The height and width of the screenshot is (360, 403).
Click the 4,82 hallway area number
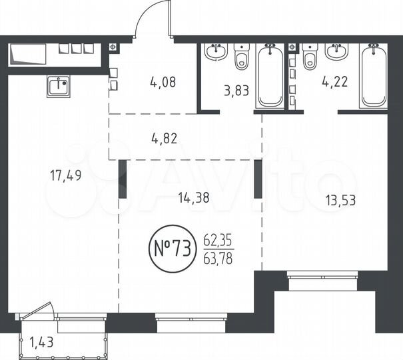click(x=165, y=139)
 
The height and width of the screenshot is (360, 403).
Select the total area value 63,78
click(x=218, y=258)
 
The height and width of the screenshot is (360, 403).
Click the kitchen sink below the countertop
click(x=59, y=85)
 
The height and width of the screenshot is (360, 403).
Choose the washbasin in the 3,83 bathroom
click(x=215, y=51)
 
